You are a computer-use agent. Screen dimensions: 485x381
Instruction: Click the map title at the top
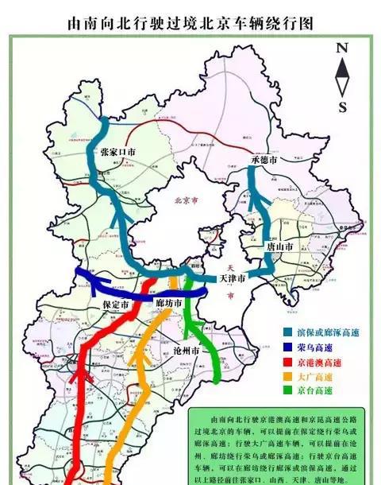pyautogui.click(x=190, y=25)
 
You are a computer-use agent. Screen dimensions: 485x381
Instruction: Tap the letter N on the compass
pyautogui.click(x=342, y=47)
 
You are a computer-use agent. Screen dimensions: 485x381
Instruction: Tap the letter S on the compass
pyautogui.click(x=342, y=107)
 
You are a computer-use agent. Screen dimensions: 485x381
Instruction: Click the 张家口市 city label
pyautogui.click(x=118, y=151)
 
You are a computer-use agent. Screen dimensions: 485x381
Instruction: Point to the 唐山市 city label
pyautogui.click(x=279, y=248)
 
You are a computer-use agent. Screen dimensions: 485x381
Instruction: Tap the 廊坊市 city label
pyautogui.click(x=168, y=304)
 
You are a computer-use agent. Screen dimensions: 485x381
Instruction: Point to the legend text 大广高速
pyautogui.click(x=311, y=376)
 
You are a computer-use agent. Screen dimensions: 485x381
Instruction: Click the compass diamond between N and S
pyautogui.click(x=342, y=76)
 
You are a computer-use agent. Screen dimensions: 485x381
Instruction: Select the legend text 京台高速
pyautogui.click(x=311, y=390)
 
